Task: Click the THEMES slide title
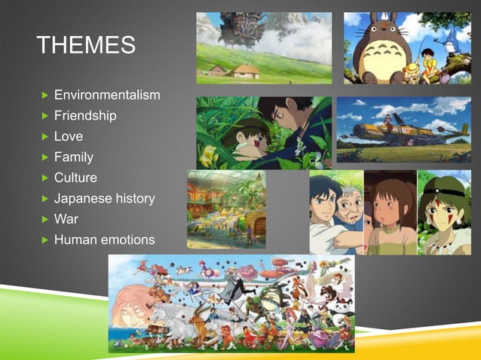tap(87, 44)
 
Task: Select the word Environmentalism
tap(107, 95)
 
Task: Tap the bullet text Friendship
tap(85, 116)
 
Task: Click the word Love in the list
tap(69, 136)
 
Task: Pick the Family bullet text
tap(74, 157)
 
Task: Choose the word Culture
tap(75, 178)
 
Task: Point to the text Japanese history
tap(104, 199)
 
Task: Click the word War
tap(66, 219)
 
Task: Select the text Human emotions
tap(104, 240)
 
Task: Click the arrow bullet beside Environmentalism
tap(44, 96)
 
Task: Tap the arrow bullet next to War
tap(44, 220)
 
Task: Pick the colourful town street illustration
tap(226, 209)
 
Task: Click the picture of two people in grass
tap(264, 132)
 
